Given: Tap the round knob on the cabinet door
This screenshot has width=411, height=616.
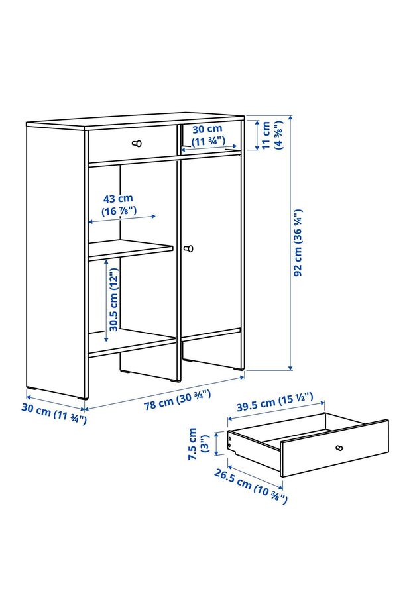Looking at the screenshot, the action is coord(189,248).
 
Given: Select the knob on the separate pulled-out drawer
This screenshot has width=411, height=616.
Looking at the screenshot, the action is coord(339,448).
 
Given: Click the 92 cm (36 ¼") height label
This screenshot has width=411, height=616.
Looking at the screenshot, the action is coord(298,242).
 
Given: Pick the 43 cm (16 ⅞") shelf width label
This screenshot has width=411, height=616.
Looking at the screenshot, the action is coord(119,205).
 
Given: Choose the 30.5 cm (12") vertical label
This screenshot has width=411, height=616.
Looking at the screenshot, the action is coord(113,299).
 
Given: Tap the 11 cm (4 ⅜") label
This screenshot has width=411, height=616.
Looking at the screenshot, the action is coord(272,135).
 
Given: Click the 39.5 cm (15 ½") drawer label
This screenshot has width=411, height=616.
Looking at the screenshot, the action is coord(274,401).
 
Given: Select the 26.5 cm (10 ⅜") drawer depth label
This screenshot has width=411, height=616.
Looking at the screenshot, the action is coord(251,486).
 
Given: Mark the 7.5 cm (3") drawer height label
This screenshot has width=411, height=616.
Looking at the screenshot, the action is coord(198,444).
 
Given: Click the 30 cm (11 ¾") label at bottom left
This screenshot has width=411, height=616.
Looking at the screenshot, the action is coord(54,413).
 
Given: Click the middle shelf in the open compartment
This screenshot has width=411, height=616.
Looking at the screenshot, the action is coord(131,250).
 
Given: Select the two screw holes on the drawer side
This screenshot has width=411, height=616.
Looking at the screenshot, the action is coord(229,441).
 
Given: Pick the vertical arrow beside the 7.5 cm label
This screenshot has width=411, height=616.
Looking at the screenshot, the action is coord(216,444).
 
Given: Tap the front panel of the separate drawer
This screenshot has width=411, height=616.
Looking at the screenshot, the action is coord(335,448).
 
